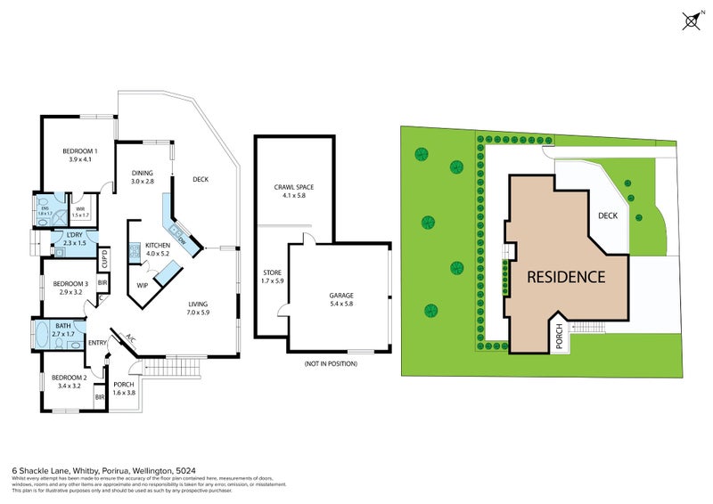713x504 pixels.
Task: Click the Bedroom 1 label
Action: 79,156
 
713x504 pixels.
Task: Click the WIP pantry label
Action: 142,285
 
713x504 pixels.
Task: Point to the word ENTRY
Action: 97,342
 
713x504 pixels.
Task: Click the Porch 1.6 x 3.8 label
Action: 124,388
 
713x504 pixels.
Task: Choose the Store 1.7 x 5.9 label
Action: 272,277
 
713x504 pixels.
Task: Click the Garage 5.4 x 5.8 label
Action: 341,299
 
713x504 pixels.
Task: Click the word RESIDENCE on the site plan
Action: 566,276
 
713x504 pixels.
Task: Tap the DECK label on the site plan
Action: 608,215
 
